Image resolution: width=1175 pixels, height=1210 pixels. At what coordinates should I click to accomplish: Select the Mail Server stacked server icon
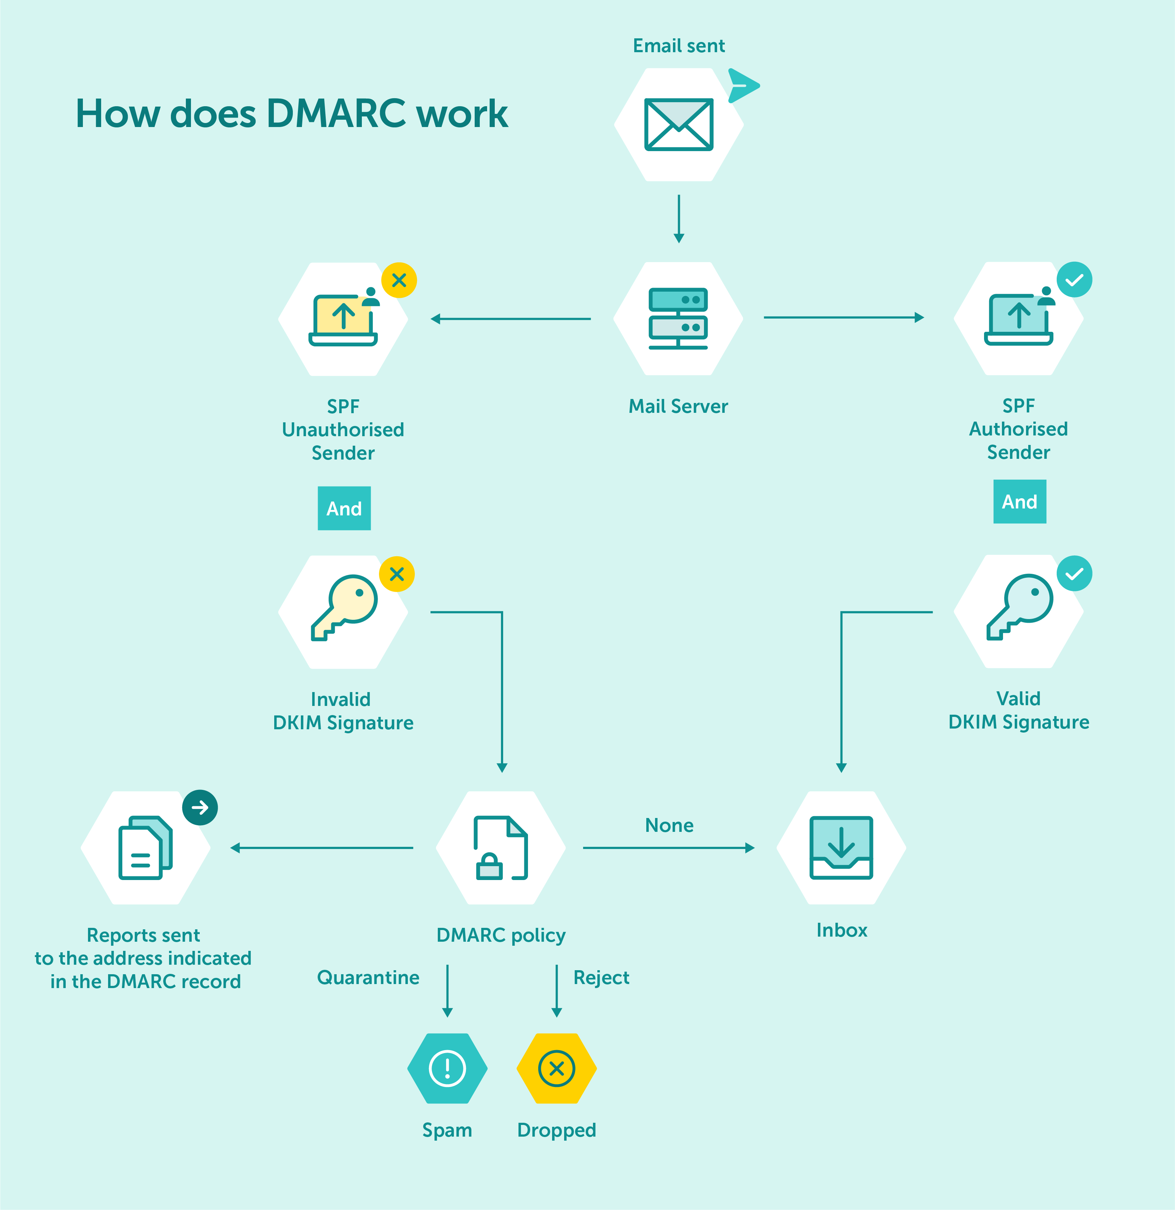click(x=678, y=318)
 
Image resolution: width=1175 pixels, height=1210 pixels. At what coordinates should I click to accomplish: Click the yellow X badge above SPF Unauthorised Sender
click(x=399, y=280)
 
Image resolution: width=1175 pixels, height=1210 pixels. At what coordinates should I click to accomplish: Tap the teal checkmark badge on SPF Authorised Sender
click(x=1074, y=280)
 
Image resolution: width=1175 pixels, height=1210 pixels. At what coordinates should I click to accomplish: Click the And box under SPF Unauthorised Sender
click(x=344, y=508)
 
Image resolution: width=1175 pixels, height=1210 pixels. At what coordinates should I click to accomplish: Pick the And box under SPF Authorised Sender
click(x=1019, y=501)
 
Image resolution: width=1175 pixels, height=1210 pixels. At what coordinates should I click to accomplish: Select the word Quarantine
click(x=368, y=977)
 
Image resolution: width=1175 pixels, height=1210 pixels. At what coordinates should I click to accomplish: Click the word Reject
click(x=601, y=977)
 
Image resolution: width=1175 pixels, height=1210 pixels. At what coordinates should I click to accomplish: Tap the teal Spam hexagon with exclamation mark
click(x=447, y=1068)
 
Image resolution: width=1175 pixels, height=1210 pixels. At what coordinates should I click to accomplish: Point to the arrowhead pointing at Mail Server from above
click(x=678, y=238)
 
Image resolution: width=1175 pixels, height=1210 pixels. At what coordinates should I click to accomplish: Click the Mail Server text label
click(x=678, y=406)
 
